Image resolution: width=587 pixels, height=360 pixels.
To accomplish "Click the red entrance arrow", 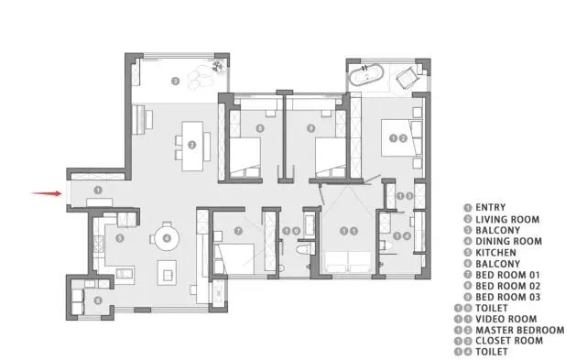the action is pos(47,193).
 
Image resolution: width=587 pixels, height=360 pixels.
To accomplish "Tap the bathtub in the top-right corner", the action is pos(366,75).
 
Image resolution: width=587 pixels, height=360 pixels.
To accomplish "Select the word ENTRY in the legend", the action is pos(491,208).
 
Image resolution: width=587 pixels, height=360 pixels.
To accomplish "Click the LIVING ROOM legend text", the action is pos(507,220).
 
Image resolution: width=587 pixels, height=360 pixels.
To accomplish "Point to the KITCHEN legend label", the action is pos(495,253).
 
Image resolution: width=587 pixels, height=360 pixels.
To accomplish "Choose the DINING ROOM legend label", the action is pos(508,241).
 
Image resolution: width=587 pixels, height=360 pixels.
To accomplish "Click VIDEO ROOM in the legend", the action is pos(505,319).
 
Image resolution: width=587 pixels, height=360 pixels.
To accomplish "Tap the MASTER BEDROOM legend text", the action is pos(519,331).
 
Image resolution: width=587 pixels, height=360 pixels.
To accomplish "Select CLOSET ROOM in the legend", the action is pos(509,341).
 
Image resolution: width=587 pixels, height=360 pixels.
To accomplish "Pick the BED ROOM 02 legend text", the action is pos(507,286).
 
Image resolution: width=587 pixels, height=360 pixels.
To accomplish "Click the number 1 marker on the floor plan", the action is pos(98,191).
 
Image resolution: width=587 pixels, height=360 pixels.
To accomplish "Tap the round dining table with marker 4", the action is pos(167,238).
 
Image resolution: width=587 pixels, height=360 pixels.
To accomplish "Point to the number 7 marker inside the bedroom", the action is pos(238,231).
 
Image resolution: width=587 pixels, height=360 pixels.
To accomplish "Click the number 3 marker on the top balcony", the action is pos(175,81).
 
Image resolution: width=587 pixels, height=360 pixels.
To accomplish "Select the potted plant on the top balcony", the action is pos(218,67).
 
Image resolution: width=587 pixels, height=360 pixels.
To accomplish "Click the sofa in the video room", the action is pos(349,262).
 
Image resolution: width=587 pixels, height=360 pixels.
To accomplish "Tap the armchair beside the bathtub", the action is pos(408,78).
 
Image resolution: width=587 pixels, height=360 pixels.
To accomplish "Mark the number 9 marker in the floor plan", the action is pos(311,128).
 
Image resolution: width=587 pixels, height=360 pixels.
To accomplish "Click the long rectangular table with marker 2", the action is pos(192,146).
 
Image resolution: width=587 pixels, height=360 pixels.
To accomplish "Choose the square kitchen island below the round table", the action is pos(167,273).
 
